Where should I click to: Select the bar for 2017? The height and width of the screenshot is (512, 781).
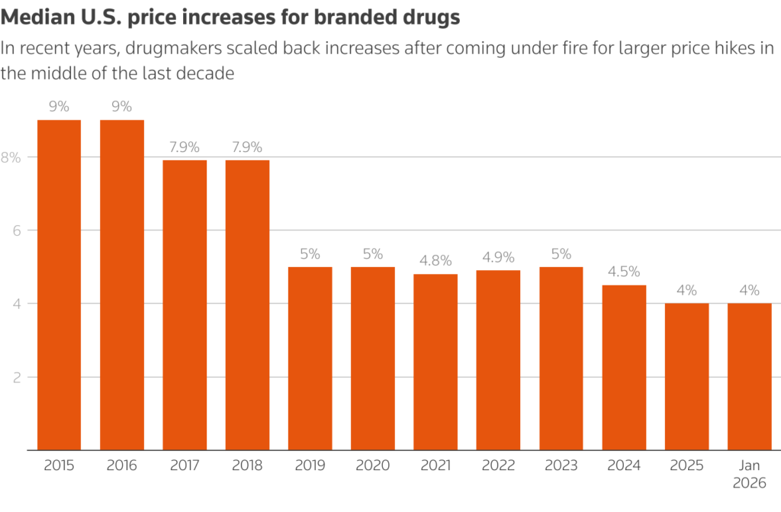click(185, 305)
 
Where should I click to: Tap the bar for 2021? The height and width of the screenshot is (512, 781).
click(435, 362)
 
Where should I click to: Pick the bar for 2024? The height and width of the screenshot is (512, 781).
click(624, 367)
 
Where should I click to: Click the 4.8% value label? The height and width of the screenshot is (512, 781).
click(435, 260)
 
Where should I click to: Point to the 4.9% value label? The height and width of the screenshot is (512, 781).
click(498, 256)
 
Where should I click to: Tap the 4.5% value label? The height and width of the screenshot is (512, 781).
click(624, 271)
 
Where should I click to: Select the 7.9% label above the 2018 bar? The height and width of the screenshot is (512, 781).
click(247, 147)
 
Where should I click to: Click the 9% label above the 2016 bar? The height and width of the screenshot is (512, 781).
click(122, 106)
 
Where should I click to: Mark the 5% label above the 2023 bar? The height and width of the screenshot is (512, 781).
click(561, 253)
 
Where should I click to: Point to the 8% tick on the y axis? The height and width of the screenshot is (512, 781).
click(11, 157)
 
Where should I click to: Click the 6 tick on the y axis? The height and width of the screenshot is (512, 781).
click(14, 230)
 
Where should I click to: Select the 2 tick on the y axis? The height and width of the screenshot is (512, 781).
click(14, 377)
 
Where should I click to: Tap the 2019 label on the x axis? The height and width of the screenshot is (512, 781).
click(310, 465)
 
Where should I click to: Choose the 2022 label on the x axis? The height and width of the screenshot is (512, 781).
click(498, 465)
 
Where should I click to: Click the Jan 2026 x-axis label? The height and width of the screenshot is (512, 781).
click(749, 473)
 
